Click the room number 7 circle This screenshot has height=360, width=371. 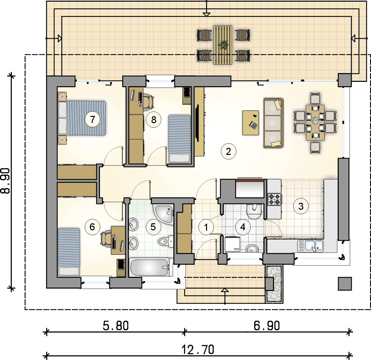[x=93, y=119]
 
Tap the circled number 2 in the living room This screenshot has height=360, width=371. [x=228, y=152]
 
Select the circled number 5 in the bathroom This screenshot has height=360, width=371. [x=153, y=227]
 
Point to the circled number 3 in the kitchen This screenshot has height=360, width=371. [x=301, y=206]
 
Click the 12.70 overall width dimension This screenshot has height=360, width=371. [x=198, y=350]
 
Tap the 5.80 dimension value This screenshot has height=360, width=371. [x=116, y=326]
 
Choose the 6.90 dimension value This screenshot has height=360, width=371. [x=267, y=326]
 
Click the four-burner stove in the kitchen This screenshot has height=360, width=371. [x=274, y=199]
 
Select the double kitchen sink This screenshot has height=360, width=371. [x=310, y=246]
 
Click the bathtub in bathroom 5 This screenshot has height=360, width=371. [x=149, y=267]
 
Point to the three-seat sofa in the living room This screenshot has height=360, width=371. [x=273, y=123]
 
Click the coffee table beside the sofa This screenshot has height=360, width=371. [x=250, y=123]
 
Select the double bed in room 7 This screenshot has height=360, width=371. [x=81, y=118]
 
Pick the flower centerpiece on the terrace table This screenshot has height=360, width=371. [x=223, y=45]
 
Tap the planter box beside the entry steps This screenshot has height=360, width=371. [x=275, y=284]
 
